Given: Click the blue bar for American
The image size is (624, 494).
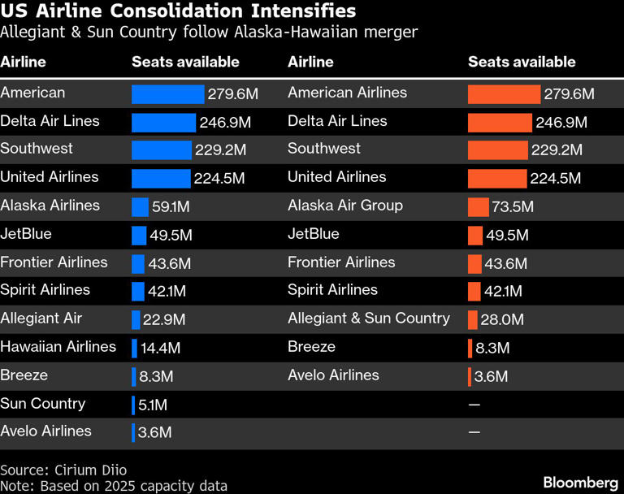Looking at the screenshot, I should [168, 94].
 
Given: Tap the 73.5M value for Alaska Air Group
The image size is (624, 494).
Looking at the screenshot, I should [513, 207].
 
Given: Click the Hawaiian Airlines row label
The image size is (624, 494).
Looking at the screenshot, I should [58, 347].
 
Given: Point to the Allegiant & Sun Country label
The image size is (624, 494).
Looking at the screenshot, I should [369, 318].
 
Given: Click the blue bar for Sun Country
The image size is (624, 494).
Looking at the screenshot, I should [133, 405].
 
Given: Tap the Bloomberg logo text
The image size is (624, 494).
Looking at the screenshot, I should [575, 482].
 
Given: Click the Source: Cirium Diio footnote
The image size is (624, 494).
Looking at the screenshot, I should [63, 470].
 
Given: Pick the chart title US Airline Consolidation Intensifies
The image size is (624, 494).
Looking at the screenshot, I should [178, 11].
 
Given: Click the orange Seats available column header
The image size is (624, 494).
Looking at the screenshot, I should [522, 62].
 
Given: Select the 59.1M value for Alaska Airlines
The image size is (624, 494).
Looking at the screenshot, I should [171, 207].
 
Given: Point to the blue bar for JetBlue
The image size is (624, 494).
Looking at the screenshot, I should [139, 236].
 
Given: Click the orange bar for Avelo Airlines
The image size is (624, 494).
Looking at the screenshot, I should [470, 377].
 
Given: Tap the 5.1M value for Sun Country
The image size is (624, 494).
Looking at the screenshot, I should [153, 405].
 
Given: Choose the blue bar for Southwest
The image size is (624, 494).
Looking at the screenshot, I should [162, 150].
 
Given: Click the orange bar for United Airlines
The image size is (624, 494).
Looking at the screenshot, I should [497, 179].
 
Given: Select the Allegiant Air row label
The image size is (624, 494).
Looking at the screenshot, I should [41, 318].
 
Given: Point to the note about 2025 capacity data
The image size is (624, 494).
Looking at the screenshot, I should [114, 486].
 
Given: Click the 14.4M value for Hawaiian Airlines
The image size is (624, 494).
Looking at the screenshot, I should [160, 349].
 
